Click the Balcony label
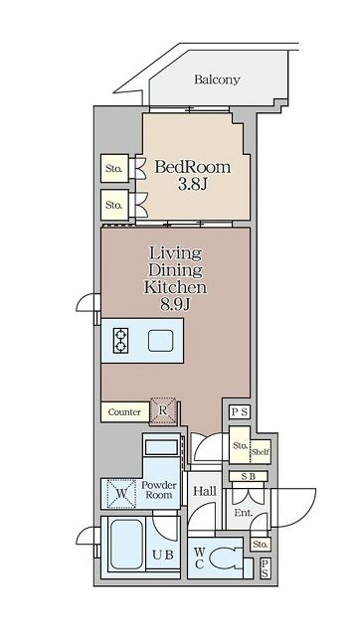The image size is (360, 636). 217,79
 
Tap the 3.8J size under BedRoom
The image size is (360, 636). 193,185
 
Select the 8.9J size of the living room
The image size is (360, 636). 175,304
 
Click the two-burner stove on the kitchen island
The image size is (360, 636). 120,340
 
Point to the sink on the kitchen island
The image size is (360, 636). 161,341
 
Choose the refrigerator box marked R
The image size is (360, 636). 163,410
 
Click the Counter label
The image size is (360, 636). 124,412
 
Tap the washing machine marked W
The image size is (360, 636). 121,494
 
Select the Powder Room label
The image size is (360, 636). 159,490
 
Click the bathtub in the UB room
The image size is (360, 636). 126,545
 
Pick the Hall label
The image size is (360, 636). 205,492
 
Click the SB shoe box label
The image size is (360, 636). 249,477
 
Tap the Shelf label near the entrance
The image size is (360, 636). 261,452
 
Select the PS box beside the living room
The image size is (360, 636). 240,412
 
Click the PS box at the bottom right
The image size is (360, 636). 265,568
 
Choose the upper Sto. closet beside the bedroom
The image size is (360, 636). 114,168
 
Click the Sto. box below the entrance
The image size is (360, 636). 261,545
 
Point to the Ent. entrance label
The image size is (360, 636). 243,513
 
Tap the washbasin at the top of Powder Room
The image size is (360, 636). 161,447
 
